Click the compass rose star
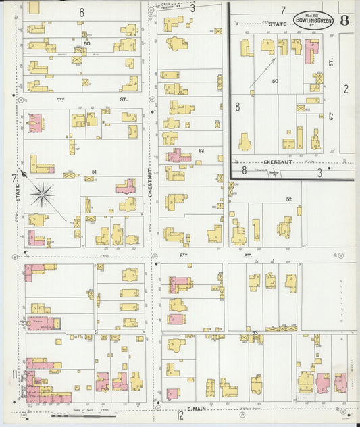click(x=43, y=194)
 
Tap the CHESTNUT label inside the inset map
click(x=277, y=162)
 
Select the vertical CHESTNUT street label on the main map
click(x=150, y=183)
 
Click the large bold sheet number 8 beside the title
click(x=344, y=20)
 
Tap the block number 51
click(x=94, y=172)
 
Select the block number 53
click(x=255, y=332)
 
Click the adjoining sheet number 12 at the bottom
click(x=180, y=416)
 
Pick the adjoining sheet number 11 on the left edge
click(x=14, y=375)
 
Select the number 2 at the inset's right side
click(x=345, y=88)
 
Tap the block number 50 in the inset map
click(x=275, y=81)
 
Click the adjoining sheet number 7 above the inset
click(x=283, y=10)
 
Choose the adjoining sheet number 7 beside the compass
click(x=14, y=178)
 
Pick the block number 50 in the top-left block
click(x=87, y=43)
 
